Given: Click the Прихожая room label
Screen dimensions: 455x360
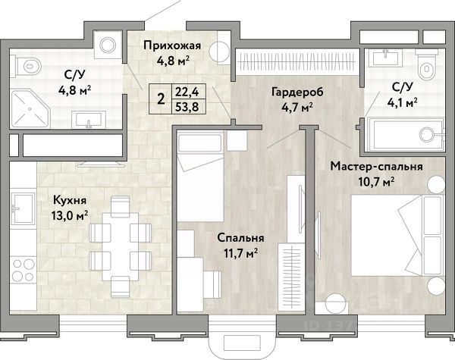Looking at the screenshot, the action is pos(172,45).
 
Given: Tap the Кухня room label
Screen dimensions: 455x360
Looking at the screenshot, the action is pos(70,200).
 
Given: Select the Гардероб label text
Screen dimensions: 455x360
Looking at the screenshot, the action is pos(297,92).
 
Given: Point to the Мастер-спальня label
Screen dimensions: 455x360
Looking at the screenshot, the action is pos(376,167).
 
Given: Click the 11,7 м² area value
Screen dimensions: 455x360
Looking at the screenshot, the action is pos(241,254).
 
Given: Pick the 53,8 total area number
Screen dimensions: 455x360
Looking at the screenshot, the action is pos(187,107).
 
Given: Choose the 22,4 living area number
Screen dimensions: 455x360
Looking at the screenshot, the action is pos(187,92).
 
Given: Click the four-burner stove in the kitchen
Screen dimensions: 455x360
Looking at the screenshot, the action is pos(24,270).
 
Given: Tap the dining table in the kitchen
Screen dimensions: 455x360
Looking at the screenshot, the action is pos(121,246).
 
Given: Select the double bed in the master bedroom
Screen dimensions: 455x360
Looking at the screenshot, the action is pos(397,236).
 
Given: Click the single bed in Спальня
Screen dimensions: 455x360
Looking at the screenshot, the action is pos(200,177).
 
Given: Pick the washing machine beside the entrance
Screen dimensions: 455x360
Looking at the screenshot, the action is pos(108,45).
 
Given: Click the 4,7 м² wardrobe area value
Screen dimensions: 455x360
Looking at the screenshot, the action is pos(297,107).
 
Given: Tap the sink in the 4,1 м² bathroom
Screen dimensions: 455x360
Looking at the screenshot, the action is pos(386,57).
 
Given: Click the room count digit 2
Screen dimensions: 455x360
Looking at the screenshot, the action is pos(161,99).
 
